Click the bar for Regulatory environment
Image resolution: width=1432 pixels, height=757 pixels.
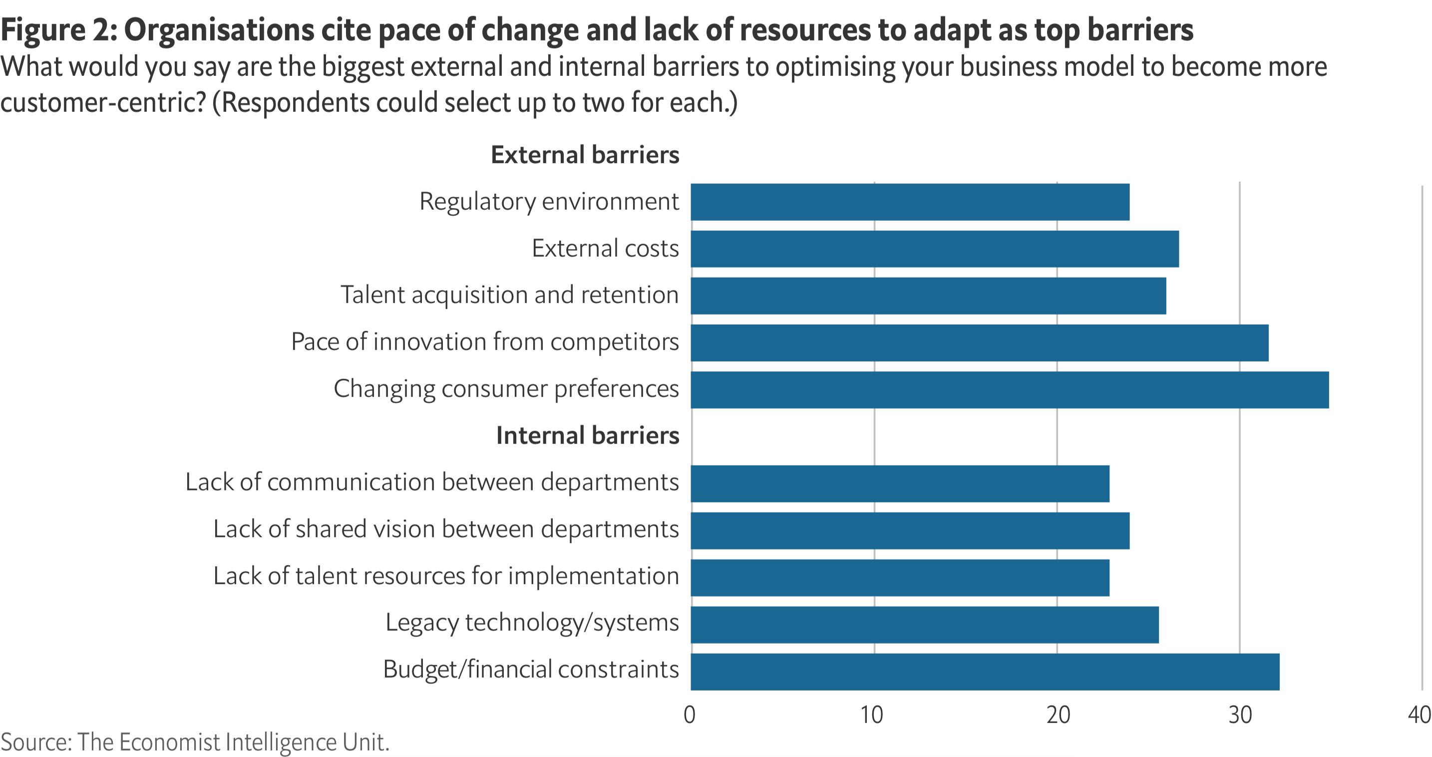point(910,202)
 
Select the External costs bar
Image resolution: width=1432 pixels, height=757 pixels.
point(935,249)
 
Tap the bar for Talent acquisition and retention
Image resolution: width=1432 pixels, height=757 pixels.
point(928,296)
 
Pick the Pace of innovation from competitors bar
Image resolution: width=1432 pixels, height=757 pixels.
point(980,343)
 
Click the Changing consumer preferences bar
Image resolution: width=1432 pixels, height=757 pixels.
point(1010,389)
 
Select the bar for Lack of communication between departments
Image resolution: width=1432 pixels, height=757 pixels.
point(900,483)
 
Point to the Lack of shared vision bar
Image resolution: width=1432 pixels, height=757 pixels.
point(910,530)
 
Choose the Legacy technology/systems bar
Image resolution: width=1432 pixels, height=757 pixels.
point(925,624)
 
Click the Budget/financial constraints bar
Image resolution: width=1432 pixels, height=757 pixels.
point(985,672)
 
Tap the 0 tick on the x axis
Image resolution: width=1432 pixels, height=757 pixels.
point(690,715)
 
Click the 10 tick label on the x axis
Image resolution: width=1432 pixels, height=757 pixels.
point(872,715)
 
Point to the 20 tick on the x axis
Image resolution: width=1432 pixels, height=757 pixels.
point(1058,715)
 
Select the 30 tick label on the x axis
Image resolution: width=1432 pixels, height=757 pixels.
point(1240,715)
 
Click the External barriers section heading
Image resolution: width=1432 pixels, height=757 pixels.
point(585,154)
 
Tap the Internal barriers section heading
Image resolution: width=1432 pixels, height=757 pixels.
point(588,435)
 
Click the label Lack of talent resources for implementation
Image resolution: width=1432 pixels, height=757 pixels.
point(446,576)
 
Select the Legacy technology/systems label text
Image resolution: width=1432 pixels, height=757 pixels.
point(532,623)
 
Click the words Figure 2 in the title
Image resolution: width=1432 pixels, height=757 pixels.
point(58,29)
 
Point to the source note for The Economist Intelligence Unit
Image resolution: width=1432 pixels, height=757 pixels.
point(195,742)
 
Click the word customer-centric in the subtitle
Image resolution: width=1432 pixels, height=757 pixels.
point(103,103)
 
